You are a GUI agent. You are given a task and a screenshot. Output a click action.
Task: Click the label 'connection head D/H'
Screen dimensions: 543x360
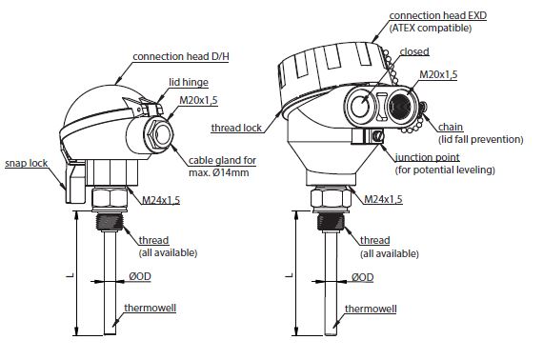point(181,56)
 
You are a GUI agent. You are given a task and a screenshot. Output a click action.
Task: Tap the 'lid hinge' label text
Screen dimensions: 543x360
point(189,83)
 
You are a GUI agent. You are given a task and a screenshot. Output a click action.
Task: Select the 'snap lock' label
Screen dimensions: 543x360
point(27,163)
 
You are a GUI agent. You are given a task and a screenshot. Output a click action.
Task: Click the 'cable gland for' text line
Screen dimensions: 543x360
point(222,161)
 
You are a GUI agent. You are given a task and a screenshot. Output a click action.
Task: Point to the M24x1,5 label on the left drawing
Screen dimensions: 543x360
point(161,200)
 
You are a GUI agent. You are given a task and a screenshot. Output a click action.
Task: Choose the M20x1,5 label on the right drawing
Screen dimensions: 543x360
point(438,74)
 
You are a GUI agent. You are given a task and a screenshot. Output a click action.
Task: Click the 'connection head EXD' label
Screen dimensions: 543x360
point(438,15)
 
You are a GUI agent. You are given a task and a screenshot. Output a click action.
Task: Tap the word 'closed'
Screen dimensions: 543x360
point(414,51)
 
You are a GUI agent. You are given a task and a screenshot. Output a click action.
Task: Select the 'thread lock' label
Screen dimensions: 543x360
point(236,128)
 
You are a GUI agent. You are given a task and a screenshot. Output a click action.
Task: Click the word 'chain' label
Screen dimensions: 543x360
point(451,127)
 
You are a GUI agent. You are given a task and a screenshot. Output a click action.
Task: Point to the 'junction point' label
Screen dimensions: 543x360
point(428,157)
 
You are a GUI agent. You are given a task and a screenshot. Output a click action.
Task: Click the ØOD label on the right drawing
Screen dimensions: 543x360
point(363,277)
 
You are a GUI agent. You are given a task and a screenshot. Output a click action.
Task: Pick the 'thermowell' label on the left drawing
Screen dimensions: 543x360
point(151,308)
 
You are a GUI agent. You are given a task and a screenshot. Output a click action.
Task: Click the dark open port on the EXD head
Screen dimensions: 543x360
point(401,106)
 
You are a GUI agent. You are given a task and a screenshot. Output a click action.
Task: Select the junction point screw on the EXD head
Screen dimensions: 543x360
point(378,135)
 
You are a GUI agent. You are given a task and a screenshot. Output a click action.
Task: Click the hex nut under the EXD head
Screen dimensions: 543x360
point(331,198)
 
